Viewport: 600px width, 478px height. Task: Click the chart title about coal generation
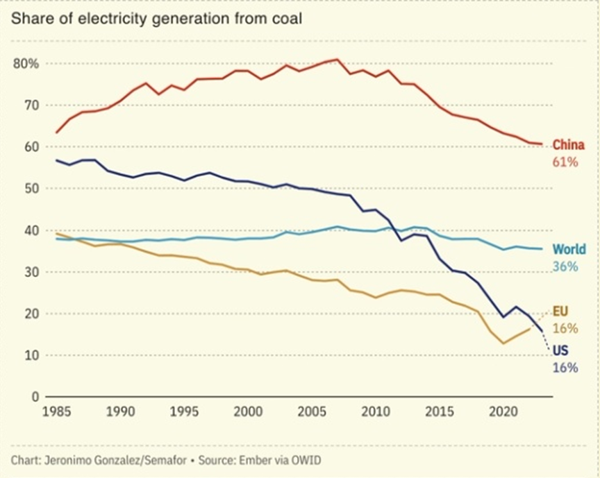tap(156, 19)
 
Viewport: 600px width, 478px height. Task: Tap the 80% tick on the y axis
tap(25, 64)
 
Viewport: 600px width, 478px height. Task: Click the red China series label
tap(569, 146)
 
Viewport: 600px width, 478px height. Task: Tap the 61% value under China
tap(565, 162)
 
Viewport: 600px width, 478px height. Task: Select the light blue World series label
tap(569, 250)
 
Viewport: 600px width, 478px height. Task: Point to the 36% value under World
tap(565, 266)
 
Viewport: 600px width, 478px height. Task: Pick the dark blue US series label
tap(560, 351)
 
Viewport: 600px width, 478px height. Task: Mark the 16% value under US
tap(565, 368)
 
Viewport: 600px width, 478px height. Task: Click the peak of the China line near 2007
tap(337, 60)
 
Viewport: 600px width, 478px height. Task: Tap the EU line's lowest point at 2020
tap(503, 343)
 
